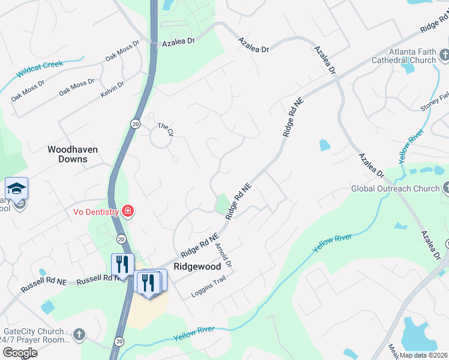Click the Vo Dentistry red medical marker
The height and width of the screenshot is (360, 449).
(127, 211)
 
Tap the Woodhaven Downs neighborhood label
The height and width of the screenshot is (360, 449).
(73, 154)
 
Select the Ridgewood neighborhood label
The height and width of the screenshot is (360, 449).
(197, 266)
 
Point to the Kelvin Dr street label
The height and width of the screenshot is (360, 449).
(112, 89)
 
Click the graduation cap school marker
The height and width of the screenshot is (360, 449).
(17, 188)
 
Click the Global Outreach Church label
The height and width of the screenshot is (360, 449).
(395, 188)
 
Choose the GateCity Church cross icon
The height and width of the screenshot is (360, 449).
(79, 334)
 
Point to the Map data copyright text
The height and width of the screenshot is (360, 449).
(423, 355)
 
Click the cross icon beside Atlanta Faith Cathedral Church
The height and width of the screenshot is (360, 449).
(444, 56)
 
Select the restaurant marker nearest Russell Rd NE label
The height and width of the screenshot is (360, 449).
(122, 265)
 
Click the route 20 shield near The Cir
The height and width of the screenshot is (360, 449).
(136, 123)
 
